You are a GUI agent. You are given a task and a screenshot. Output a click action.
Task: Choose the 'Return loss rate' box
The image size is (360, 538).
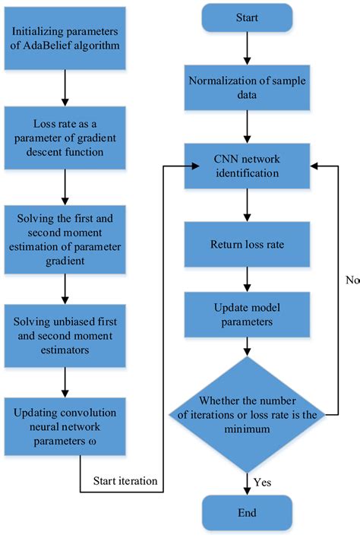pos(245,246)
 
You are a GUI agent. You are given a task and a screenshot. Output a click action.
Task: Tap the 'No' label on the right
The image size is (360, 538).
pos(351,280)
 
